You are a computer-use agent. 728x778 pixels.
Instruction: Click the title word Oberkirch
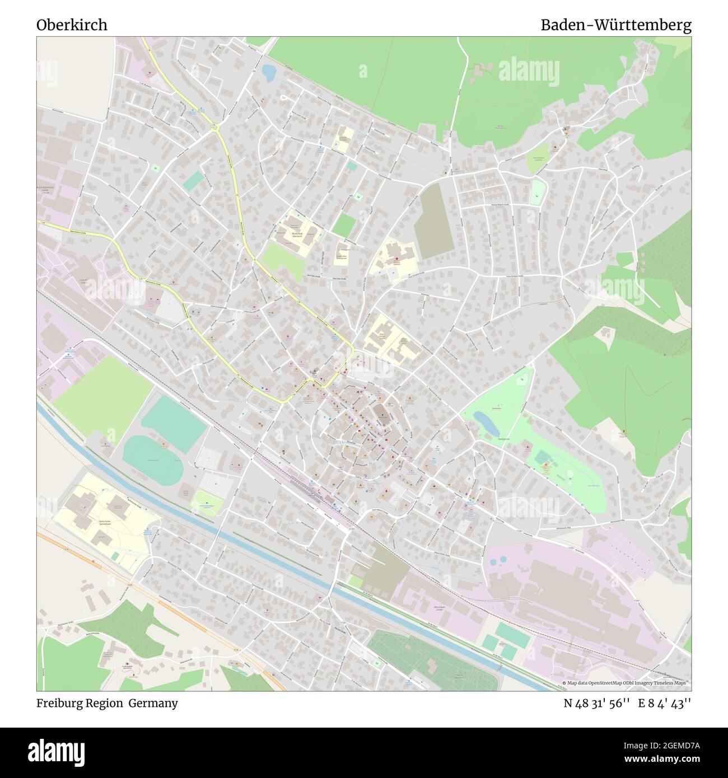click(x=72, y=25)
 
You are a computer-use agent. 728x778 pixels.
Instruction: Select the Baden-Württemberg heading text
click(x=615, y=25)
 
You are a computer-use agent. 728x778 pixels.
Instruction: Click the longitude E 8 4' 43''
click(x=665, y=704)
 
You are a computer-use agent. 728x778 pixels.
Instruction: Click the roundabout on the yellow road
click(x=214, y=128)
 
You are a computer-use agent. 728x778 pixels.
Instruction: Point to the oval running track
click(x=152, y=452)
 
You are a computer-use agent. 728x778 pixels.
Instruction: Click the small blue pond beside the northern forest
click(x=268, y=72)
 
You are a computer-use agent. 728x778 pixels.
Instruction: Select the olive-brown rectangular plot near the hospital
click(x=434, y=221)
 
